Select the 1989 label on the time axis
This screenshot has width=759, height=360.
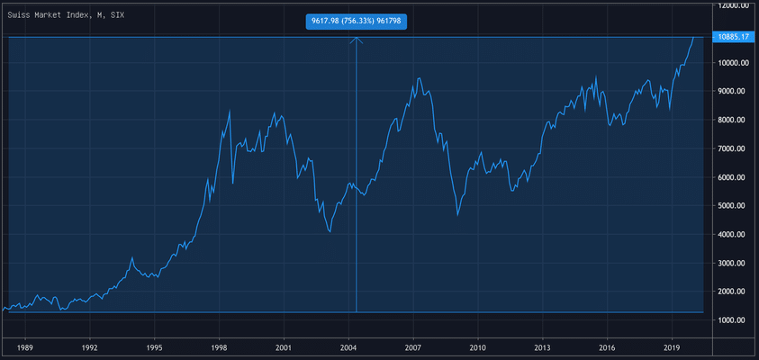[x=25, y=346]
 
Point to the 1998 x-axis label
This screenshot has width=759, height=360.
[x=219, y=346]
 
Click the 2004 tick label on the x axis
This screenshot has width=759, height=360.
[x=348, y=346]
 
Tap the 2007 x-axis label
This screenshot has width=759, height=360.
[x=413, y=346]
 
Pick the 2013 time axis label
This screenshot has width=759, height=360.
[x=542, y=346]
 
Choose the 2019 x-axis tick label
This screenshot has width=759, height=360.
[x=672, y=346]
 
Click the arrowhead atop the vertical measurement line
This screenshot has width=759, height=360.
[x=357, y=39]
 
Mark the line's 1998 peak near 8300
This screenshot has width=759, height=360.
[x=230, y=111]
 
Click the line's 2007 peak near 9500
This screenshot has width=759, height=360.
[x=418, y=78]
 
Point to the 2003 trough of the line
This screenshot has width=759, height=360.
[x=330, y=231]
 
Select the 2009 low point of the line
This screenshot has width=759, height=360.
[x=458, y=215]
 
